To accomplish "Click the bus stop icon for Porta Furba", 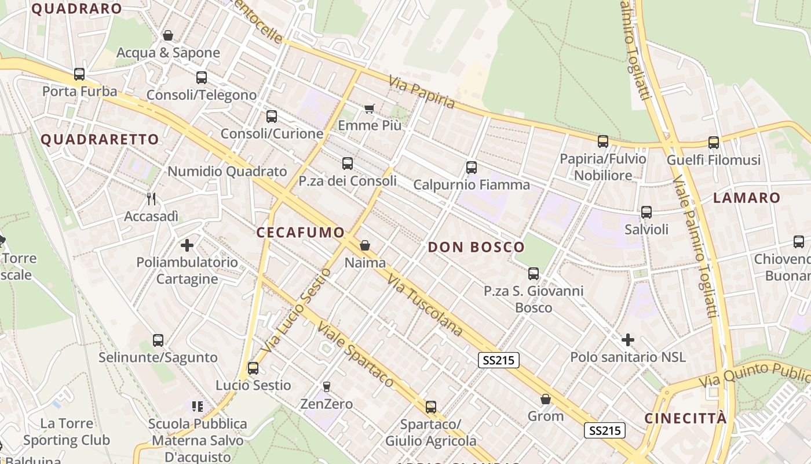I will point(79,74).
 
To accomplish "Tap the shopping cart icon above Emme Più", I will point(370,108).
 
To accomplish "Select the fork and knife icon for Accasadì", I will point(151,199).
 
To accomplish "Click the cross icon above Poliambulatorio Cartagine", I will point(187,245).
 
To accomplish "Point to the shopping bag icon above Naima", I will point(365,245).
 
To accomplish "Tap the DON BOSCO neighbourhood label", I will point(476,247).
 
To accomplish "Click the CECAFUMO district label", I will point(300,233).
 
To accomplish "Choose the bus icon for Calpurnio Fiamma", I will point(472,168).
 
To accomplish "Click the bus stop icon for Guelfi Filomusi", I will point(714,143).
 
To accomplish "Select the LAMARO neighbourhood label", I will point(747,198).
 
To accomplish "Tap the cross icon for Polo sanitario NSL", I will point(628,340).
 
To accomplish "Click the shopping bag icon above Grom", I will point(546,399).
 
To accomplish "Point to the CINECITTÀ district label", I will point(685,418).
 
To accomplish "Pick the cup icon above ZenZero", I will point(327,386).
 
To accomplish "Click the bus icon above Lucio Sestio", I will point(253,368).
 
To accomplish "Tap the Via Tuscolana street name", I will point(425,306).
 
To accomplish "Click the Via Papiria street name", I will point(422,92).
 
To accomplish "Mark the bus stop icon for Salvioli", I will point(646,212).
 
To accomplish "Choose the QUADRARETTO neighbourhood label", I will point(100,139).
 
